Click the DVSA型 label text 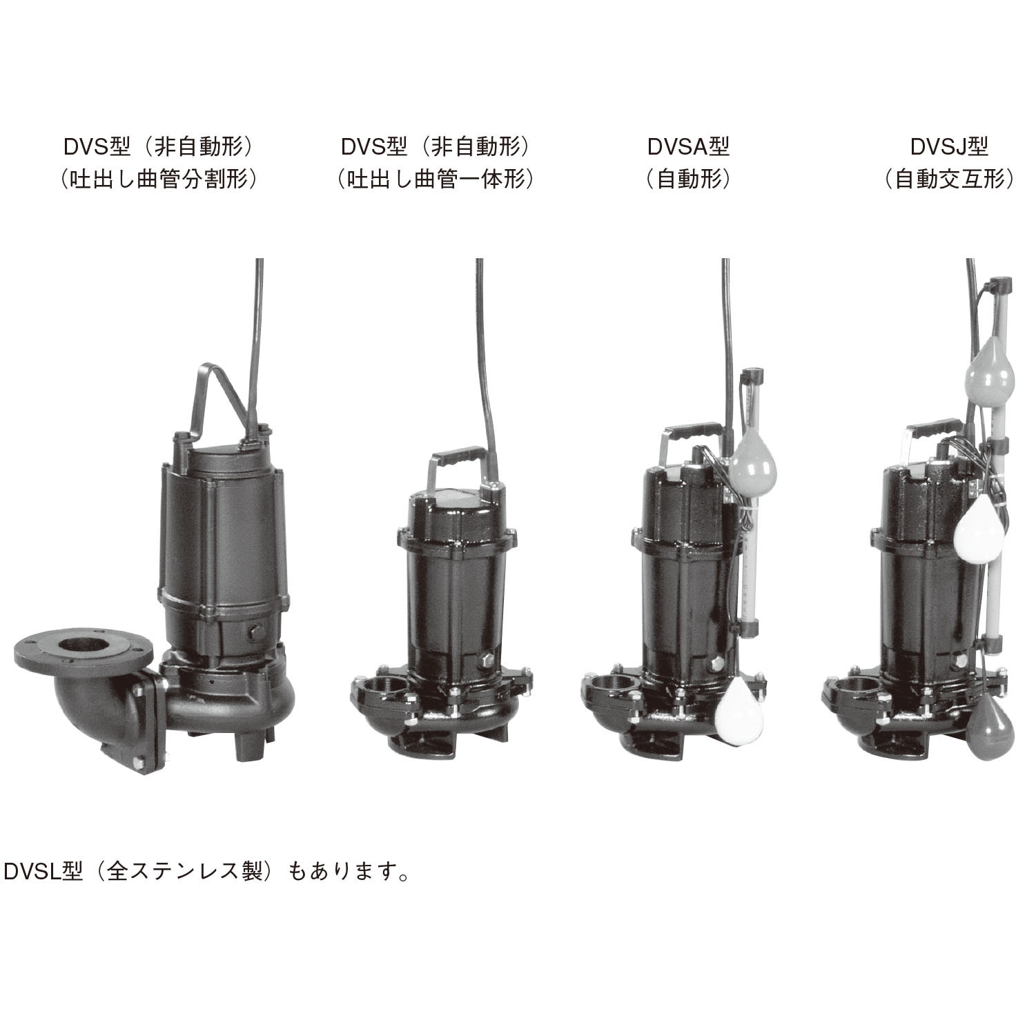click(x=687, y=146)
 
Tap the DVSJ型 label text click(x=949, y=146)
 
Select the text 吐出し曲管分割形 click(x=159, y=180)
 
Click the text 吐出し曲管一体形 click(x=436, y=180)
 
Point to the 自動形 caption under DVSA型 click(x=687, y=180)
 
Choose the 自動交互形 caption click(x=949, y=180)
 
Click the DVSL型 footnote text click(x=207, y=872)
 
